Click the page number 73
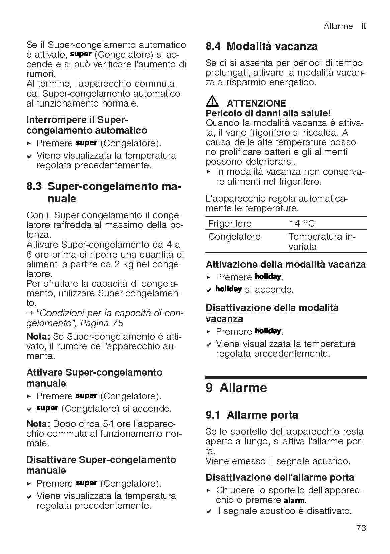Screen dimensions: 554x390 (x=361, y=528)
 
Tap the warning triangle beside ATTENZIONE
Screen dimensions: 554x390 (x=212, y=102)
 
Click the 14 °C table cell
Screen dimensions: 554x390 (x=302, y=223)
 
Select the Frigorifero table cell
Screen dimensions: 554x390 (x=229, y=223)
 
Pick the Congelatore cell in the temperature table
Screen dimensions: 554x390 (x=234, y=237)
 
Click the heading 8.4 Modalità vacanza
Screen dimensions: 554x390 (x=262, y=46)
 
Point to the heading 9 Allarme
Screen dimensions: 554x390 (x=236, y=388)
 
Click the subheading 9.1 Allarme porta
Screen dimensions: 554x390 (x=252, y=415)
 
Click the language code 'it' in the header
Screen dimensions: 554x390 (x=364, y=26)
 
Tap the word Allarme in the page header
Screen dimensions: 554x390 (x=338, y=26)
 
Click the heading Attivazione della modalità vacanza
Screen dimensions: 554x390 (x=286, y=264)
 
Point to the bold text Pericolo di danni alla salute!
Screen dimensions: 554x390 (x=268, y=113)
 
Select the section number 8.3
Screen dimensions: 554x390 (x=34, y=186)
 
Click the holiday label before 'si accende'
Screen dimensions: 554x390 (x=229, y=289)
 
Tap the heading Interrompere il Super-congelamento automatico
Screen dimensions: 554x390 (x=87, y=125)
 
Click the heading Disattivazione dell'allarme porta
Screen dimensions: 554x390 (x=280, y=477)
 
